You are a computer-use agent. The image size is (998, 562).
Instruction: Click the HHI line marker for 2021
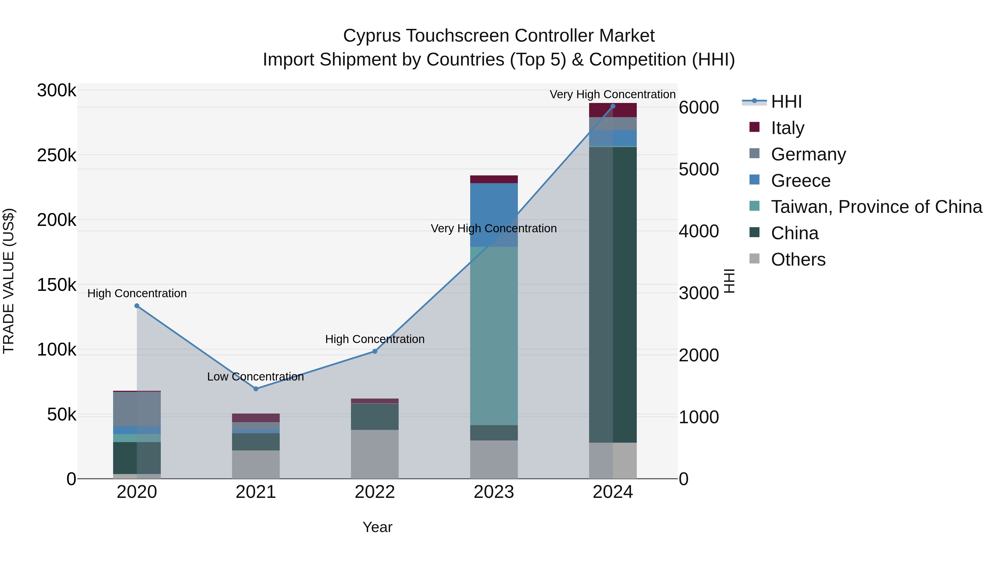(x=256, y=389)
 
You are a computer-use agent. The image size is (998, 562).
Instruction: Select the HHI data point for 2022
(x=375, y=351)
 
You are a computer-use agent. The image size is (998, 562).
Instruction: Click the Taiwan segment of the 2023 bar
(x=494, y=336)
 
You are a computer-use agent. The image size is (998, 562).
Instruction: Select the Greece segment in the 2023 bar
(x=494, y=215)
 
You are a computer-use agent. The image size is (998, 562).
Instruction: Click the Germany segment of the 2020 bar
(x=137, y=409)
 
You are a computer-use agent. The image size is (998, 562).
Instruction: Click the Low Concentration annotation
(x=255, y=377)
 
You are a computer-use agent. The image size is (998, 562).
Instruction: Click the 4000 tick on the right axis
(x=699, y=231)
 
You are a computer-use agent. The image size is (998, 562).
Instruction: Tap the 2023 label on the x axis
(x=493, y=492)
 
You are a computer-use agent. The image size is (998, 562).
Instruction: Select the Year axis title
(x=377, y=527)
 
